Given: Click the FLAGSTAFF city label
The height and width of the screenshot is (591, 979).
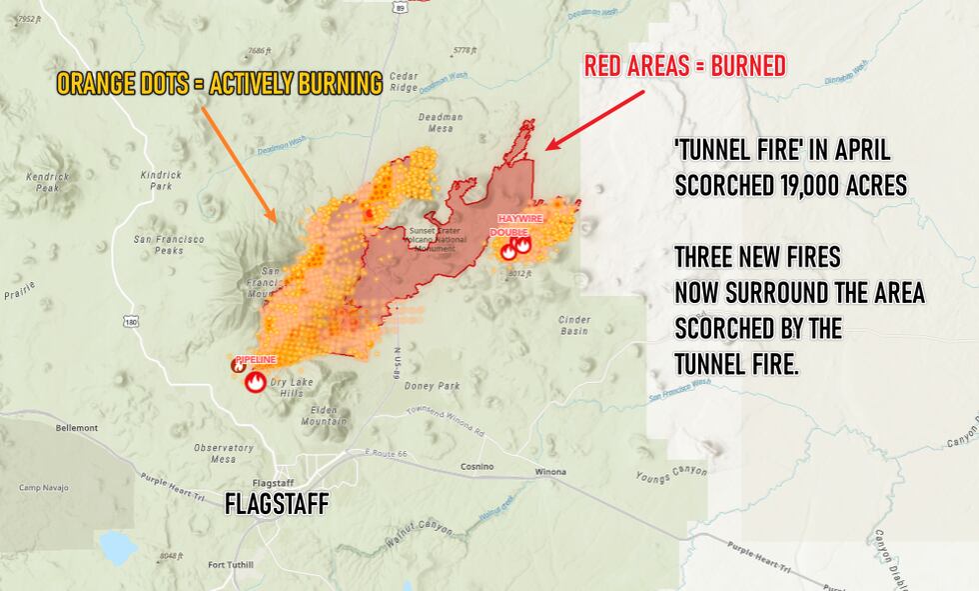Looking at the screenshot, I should [276, 503].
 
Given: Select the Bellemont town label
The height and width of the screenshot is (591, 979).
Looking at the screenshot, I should [77, 428].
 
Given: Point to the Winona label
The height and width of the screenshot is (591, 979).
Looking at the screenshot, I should [550, 471].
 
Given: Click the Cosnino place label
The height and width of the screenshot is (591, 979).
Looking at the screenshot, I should [478, 466].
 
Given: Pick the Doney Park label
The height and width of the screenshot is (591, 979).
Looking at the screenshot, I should [435, 386].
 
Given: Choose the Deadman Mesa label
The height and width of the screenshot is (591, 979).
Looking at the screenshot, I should [442, 122].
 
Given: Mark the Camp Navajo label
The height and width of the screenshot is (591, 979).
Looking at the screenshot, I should [41, 488].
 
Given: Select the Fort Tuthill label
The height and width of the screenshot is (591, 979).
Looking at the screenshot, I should [231, 565].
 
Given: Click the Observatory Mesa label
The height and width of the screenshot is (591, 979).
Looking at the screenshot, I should [223, 454].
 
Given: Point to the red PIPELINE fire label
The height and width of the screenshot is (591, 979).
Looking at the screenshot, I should [255, 359].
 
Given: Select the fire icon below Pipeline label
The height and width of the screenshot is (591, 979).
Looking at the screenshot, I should [256, 381].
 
